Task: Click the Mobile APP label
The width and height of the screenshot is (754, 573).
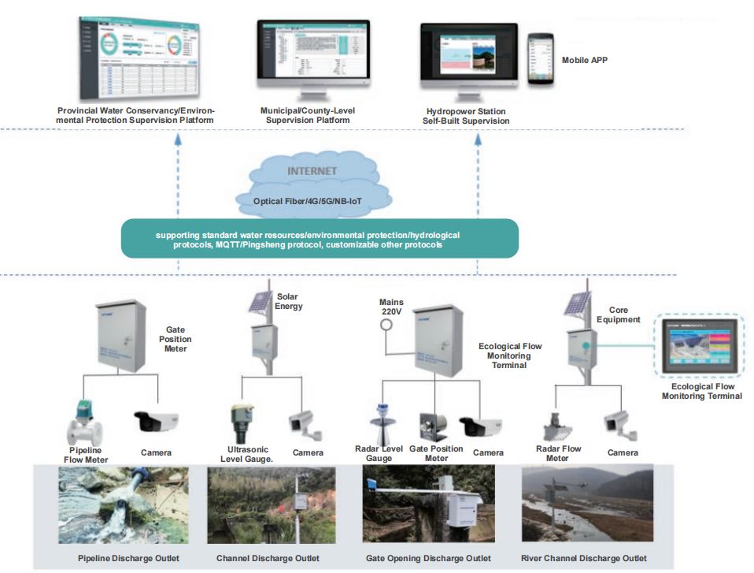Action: tap(584, 60)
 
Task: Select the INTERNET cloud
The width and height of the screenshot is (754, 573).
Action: tap(312, 185)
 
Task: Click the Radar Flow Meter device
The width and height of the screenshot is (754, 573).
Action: tap(557, 426)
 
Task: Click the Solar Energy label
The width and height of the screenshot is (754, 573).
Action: tap(289, 301)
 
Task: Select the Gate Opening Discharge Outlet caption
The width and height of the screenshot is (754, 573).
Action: tap(428, 559)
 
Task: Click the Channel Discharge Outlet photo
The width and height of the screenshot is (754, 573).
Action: tap(268, 504)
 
